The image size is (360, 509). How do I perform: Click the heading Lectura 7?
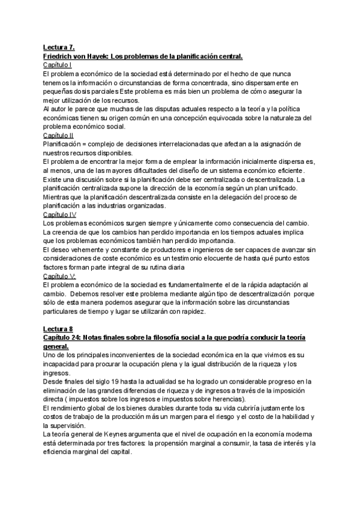tap(58, 47)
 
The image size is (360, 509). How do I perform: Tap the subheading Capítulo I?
tap(58, 64)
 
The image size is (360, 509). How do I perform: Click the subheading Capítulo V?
tap(59, 276)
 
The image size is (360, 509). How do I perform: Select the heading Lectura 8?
tap(58, 329)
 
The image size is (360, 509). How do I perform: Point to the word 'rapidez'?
tap(190, 312)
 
